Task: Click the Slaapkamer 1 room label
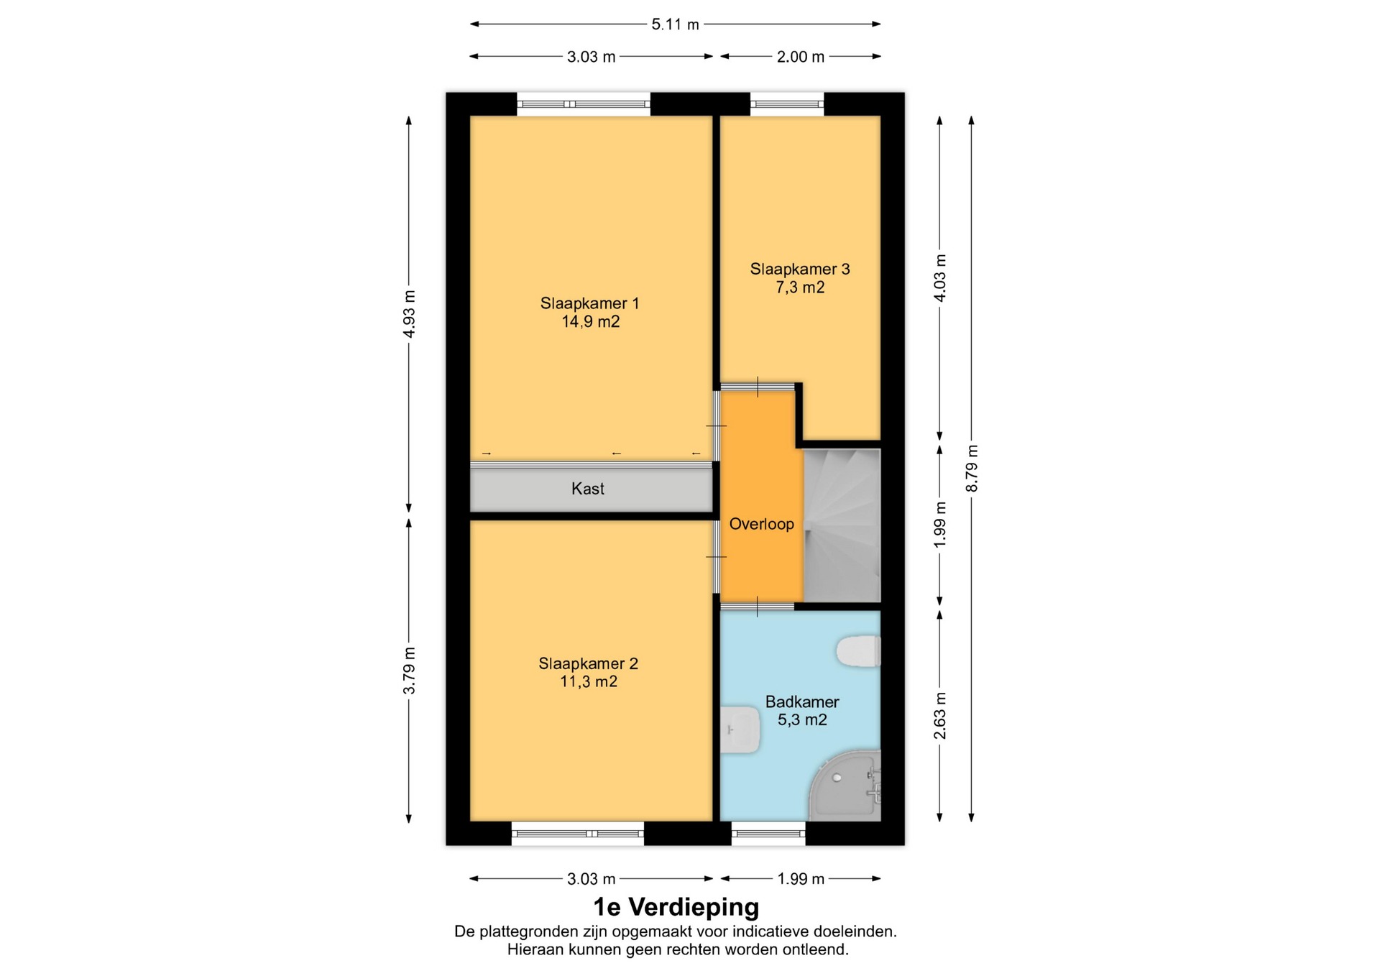tap(589, 303)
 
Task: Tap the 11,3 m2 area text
tap(589, 681)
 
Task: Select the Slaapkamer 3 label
tap(800, 270)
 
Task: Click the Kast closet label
tap(588, 489)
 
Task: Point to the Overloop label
tap(762, 524)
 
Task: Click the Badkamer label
tap(802, 701)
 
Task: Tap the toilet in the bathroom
tap(858, 650)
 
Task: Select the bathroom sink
tap(740, 729)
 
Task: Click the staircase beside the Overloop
tap(842, 525)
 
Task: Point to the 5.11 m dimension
tap(675, 24)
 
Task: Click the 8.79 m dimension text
tap(972, 469)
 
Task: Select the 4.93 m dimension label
tap(409, 314)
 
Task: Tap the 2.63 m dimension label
tap(939, 716)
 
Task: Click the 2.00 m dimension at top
tap(801, 57)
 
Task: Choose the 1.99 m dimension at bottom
tap(801, 879)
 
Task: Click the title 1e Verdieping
tap(676, 907)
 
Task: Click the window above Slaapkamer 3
tap(787, 104)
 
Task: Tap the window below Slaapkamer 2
tap(578, 834)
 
